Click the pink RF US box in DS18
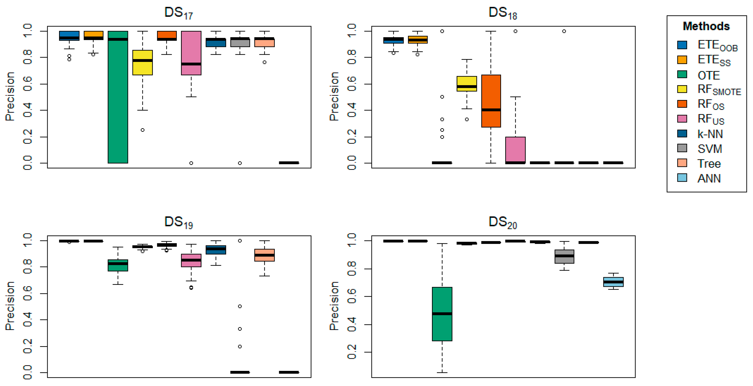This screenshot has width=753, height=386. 515,149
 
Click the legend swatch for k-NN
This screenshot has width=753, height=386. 682,134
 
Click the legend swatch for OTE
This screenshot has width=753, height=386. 682,74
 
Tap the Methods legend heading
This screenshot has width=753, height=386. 706,26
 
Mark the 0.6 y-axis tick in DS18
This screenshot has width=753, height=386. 351,84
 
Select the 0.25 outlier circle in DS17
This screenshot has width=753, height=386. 142,130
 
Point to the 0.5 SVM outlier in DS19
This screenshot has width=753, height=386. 240,306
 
